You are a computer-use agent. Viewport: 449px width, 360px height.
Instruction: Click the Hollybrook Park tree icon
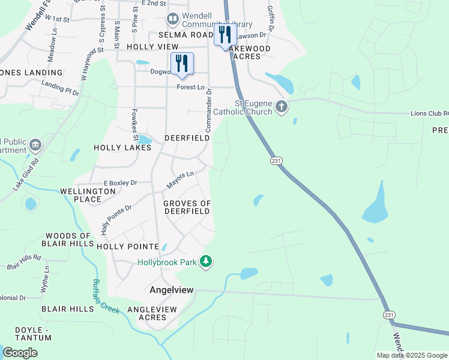(x=206, y=262)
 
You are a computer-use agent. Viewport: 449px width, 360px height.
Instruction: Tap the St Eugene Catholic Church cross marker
(x=282, y=108)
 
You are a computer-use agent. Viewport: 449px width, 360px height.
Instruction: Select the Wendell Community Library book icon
(x=173, y=20)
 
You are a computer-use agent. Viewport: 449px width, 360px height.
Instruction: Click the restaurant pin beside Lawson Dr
(x=224, y=35)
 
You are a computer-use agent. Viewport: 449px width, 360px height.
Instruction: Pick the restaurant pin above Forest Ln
(x=181, y=63)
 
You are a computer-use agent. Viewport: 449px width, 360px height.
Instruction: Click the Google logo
(x=20, y=353)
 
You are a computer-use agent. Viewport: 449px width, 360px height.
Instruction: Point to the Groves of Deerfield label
(x=187, y=207)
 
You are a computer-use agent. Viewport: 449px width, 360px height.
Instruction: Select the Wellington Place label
(x=88, y=195)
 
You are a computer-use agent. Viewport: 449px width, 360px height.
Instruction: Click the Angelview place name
(x=172, y=290)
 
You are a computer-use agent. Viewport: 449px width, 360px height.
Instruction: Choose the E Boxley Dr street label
(x=120, y=182)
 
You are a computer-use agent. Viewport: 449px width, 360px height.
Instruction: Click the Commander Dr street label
(x=209, y=111)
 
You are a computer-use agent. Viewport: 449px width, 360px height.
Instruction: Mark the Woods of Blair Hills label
(x=67, y=239)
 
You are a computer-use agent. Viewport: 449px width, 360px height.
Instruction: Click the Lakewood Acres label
(x=248, y=52)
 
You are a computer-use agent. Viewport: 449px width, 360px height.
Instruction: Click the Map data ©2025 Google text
(x=412, y=355)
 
